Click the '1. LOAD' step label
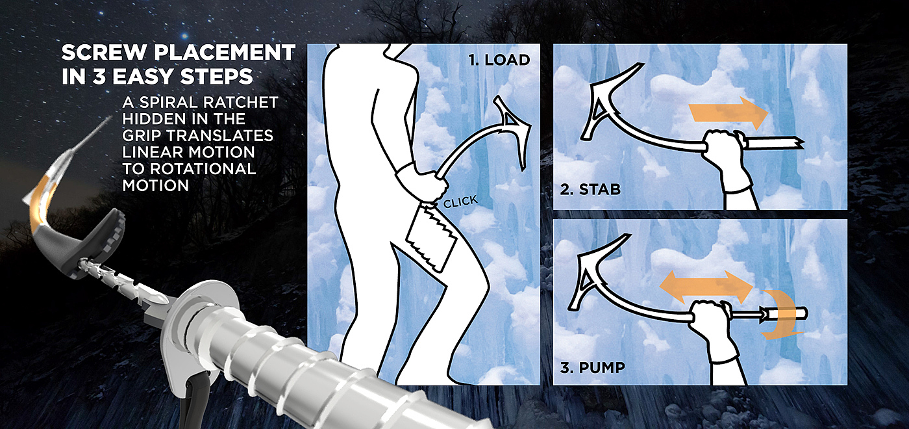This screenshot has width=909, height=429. [499, 60]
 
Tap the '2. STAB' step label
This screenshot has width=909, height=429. [590, 189]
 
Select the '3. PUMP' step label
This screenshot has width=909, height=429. [592, 368]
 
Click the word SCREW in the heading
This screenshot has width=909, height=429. [105, 53]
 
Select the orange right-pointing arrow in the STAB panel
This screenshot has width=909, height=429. [728, 113]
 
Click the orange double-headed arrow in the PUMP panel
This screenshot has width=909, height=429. [706, 287]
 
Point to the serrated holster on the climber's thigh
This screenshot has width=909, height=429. [432, 238]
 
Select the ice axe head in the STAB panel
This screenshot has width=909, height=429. [604, 101]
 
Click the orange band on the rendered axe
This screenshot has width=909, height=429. [40, 203]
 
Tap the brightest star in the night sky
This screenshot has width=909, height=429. [185, 36]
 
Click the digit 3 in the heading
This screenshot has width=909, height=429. [99, 77]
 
